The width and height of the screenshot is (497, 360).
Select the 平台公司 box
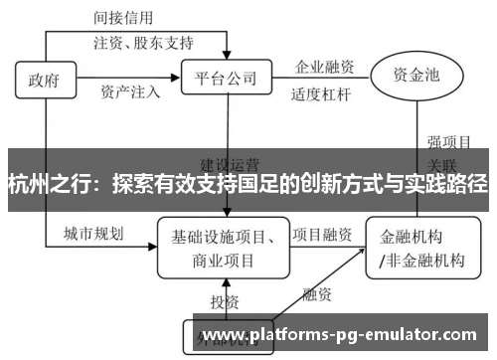pyautogui.click(x=227, y=76)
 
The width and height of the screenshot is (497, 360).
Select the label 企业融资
pyautogui.click(x=324, y=68)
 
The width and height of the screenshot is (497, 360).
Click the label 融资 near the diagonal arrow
pyautogui.click(x=317, y=294)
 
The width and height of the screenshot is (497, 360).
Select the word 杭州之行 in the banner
pyautogui.click(x=49, y=184)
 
